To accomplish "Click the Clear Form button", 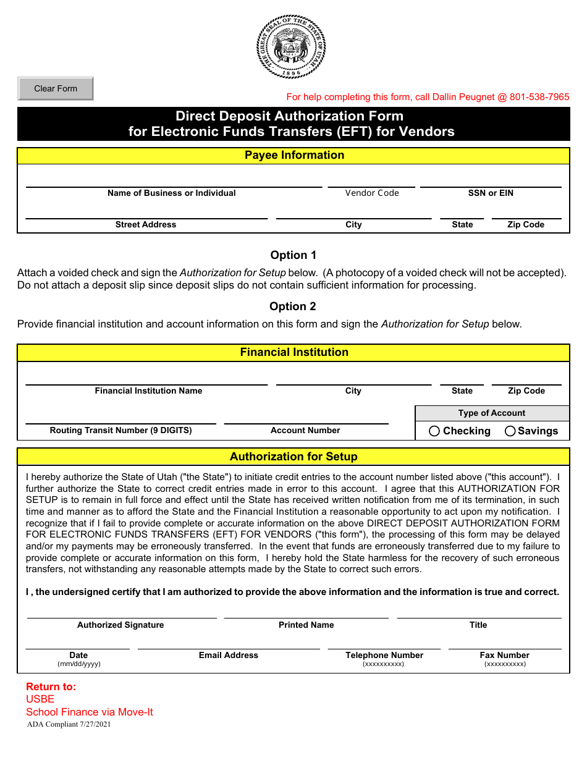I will tap(56, 88).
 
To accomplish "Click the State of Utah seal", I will tap(291, 48).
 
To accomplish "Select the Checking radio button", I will tap(434, 431).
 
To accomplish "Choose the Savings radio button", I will tap(510, 431).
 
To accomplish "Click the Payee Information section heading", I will tap(294, 155).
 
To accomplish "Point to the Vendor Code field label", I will tap(372, 193).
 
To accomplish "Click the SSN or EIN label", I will tap(491, 193).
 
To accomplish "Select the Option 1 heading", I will tap(293, 255).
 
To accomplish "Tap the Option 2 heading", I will tap(293, 306).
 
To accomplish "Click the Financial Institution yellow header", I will tap(294, 352).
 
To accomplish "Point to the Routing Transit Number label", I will tap(121, 430).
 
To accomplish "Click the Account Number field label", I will tap(305, 430).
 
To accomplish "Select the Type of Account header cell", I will tap(492, 413).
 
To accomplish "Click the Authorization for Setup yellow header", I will tap(294, 457).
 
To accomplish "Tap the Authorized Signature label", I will tap(120, 625).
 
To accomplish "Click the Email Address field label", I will tap(229, 655).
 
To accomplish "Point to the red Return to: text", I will tap(51, 686).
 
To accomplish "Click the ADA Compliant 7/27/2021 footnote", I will tap(69, 724).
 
